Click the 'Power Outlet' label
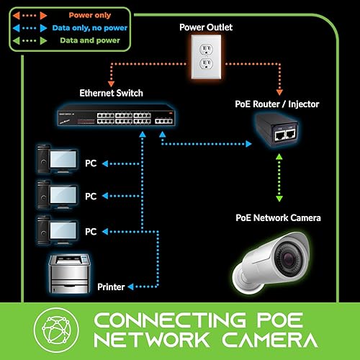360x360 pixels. coord(207,28)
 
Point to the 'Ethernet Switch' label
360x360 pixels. coord(112,94)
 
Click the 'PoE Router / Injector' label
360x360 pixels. coord(276,105)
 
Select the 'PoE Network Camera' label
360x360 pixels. coord(278,217)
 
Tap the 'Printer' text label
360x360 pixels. coord(112,287)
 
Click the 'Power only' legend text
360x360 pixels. coord(91,14)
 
